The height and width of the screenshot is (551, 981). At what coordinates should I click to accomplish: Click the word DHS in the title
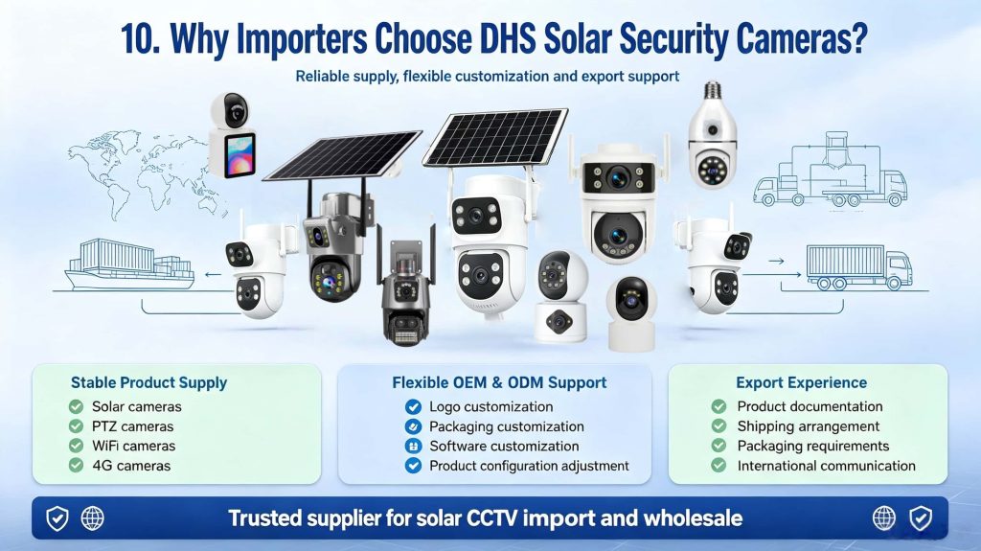tap(508, 39)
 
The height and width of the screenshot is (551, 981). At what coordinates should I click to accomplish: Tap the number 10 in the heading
tap(138, 39)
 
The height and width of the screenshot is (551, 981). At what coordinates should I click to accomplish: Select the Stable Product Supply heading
tap(148, 382)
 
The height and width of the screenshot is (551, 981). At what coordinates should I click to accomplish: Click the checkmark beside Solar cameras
tap(77, 407)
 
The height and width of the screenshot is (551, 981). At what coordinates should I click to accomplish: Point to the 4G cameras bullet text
tap(131, 466)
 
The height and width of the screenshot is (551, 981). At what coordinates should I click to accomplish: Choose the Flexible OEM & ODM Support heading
tap(499, 382)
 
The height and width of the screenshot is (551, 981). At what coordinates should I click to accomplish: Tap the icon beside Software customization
tap(413, 447)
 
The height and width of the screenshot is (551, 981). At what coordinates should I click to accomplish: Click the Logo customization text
tap(491, 407)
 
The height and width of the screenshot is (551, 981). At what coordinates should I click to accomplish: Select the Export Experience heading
tap(802, 382)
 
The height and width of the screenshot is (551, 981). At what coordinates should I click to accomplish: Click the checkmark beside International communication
tap(719, 466)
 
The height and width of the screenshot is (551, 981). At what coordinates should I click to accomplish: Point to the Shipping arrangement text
tap(809, 426)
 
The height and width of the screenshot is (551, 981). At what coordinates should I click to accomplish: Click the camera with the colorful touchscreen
tap(232, 134)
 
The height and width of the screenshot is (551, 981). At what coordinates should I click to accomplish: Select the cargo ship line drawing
tap(130, 264)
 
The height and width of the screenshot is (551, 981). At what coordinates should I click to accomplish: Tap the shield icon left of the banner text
tap(57, 518)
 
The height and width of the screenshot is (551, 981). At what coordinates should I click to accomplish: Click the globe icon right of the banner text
tap(884, 518)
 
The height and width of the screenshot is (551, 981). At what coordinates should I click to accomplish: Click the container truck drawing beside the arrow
tap(858, 267)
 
